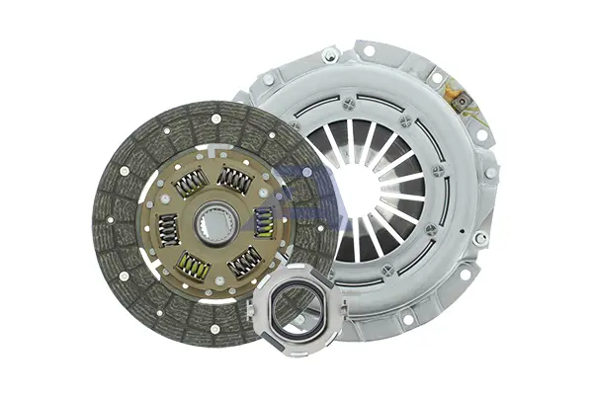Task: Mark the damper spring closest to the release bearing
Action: tap(244, 261)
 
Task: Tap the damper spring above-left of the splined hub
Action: tap(190, 183)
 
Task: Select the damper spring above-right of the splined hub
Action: tap(235, 180)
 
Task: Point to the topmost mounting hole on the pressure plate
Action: tap(368, 49)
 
